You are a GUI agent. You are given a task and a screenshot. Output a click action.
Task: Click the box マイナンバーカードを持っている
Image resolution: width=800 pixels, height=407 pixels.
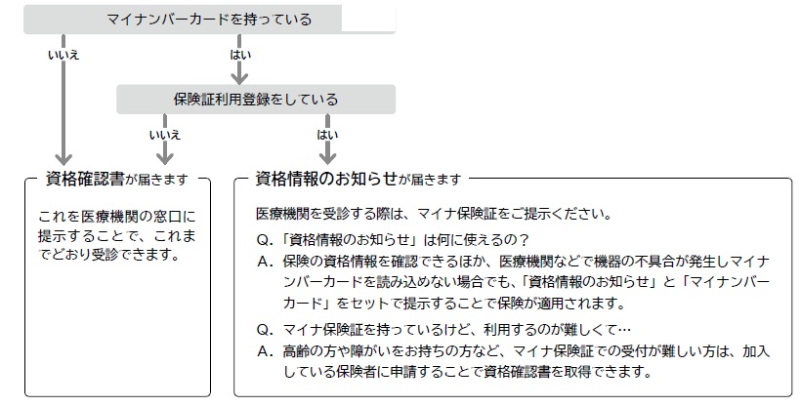click(209, 20)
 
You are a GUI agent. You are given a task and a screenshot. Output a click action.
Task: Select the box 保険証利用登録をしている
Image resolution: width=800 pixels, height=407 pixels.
click(256, 99)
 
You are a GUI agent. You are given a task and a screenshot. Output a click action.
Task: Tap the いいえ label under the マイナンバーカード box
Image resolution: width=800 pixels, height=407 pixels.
click(63, 55)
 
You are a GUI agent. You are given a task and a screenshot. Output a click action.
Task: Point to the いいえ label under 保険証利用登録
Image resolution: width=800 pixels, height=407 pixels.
click(165, 135)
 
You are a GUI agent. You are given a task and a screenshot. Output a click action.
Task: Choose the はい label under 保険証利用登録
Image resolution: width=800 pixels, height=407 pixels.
click(327, 135)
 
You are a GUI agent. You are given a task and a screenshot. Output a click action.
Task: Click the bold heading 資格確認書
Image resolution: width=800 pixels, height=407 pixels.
click(85, 179)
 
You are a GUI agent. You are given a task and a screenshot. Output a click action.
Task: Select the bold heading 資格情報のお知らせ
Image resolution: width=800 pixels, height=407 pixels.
click(326, 179)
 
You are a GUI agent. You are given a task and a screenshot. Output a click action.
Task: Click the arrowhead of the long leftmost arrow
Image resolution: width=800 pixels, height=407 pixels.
click(63, 158)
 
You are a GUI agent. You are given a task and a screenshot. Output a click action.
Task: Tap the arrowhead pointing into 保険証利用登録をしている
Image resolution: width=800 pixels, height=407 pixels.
click(239, 78)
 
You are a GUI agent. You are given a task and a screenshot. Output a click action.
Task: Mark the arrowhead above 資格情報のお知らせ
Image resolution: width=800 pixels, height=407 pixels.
click(327, 158)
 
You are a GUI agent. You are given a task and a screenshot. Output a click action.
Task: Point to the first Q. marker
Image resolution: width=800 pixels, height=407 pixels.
click(266, 240)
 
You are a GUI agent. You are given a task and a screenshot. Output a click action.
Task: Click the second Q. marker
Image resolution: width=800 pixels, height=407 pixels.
click(266, 330)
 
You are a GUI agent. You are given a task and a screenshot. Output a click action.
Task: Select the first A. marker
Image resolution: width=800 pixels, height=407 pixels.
click(266, 262)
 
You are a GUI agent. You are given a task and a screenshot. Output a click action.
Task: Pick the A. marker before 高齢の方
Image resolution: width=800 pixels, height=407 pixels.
click(266, 351)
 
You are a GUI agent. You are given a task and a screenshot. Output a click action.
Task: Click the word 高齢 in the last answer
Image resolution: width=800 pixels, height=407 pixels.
click(296, 351)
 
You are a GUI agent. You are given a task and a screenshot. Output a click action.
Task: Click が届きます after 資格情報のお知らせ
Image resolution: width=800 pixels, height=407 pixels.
click(430, 180)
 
